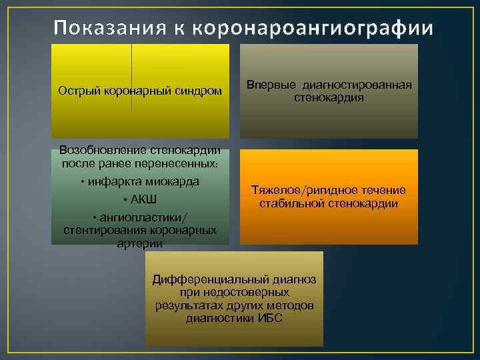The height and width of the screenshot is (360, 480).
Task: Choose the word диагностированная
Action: pos(357,85)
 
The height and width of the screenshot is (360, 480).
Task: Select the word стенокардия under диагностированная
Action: pos(329,97)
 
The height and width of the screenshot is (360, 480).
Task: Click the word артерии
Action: pos(139,243)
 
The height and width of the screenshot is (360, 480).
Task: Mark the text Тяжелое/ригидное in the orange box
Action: pos(297,191)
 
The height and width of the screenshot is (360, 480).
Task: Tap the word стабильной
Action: pos(291,203)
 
